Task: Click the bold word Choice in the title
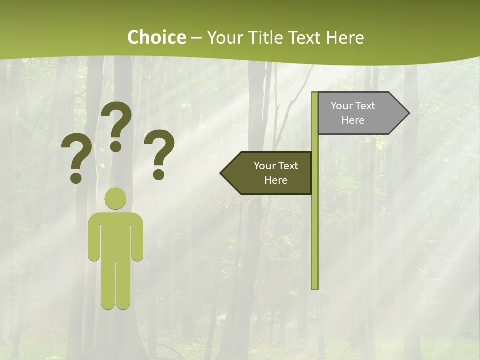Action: (x=156, y=37)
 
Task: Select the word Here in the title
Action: (x=345, y=37)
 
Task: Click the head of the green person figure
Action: (x=116, y=198)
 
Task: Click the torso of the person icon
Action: (x=116, y=235)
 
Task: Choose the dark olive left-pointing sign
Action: (x=270, y=173)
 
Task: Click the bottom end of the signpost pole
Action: (x=314, y=286)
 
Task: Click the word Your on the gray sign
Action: (x=341, y=106)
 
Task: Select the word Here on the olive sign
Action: (x=276, y=180)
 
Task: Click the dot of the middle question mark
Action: (x=116, y=146)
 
